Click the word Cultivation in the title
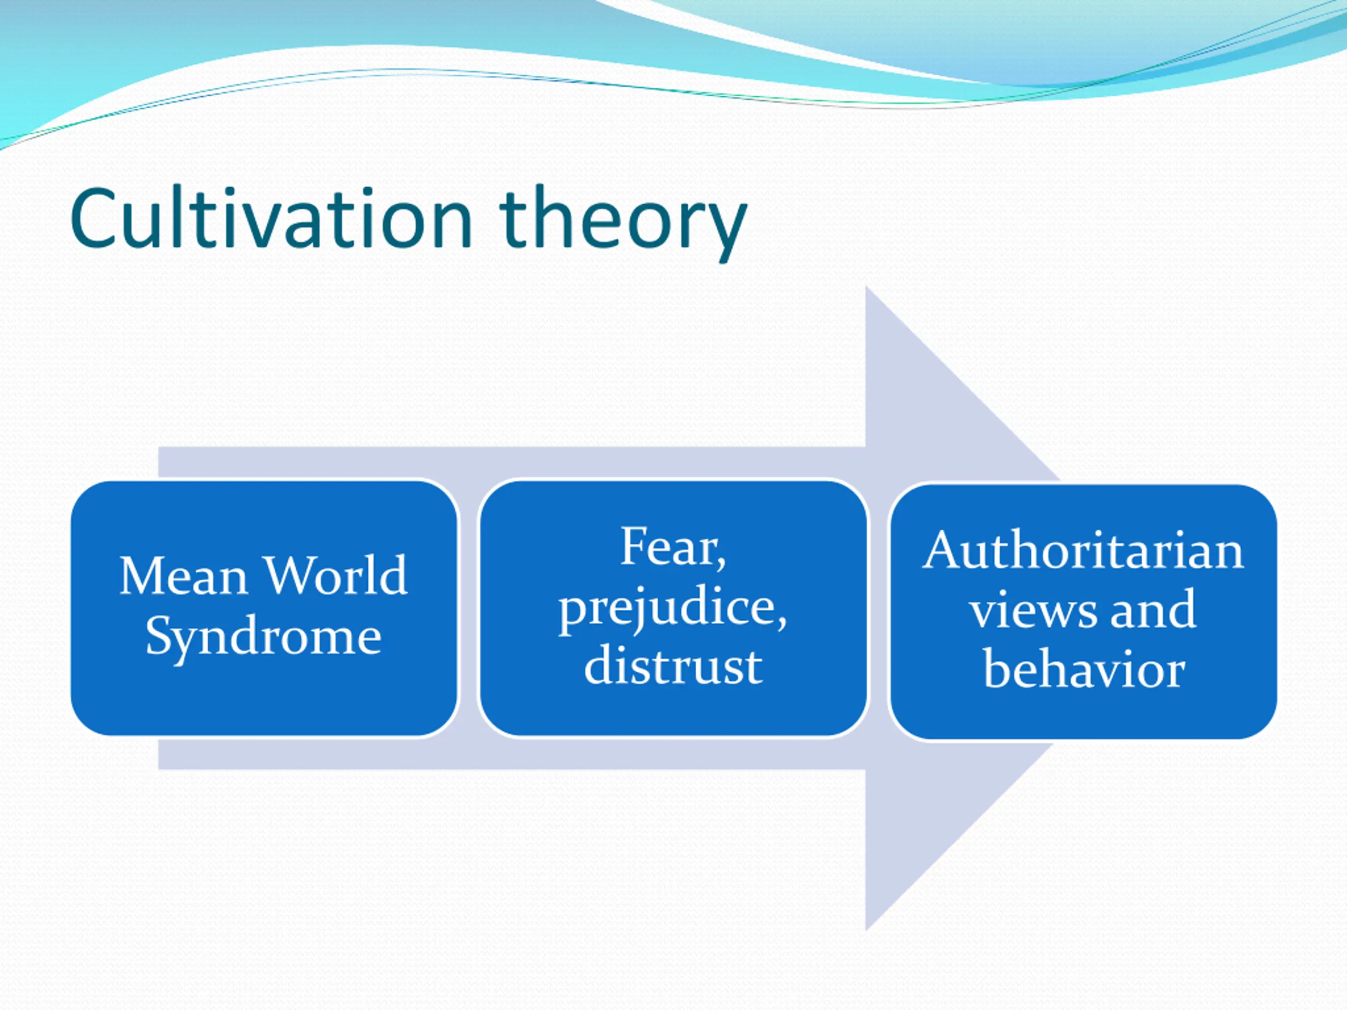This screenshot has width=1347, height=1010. pyautogui.click(x=272, y=218)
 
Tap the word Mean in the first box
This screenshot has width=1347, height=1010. pyautogui.click(x=183, y=575)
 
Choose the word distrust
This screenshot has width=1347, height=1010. pyautogui.click(x=673, y=665)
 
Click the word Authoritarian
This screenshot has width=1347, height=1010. pyautogui.click(x=1083, y=550)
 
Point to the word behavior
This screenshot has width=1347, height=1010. pyautogui.click(x=1084, y=668)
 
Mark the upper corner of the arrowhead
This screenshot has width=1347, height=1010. pyautogui.click(x=866, y=287)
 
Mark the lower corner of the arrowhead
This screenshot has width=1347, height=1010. pyautogui.click(x=866, y=930)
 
